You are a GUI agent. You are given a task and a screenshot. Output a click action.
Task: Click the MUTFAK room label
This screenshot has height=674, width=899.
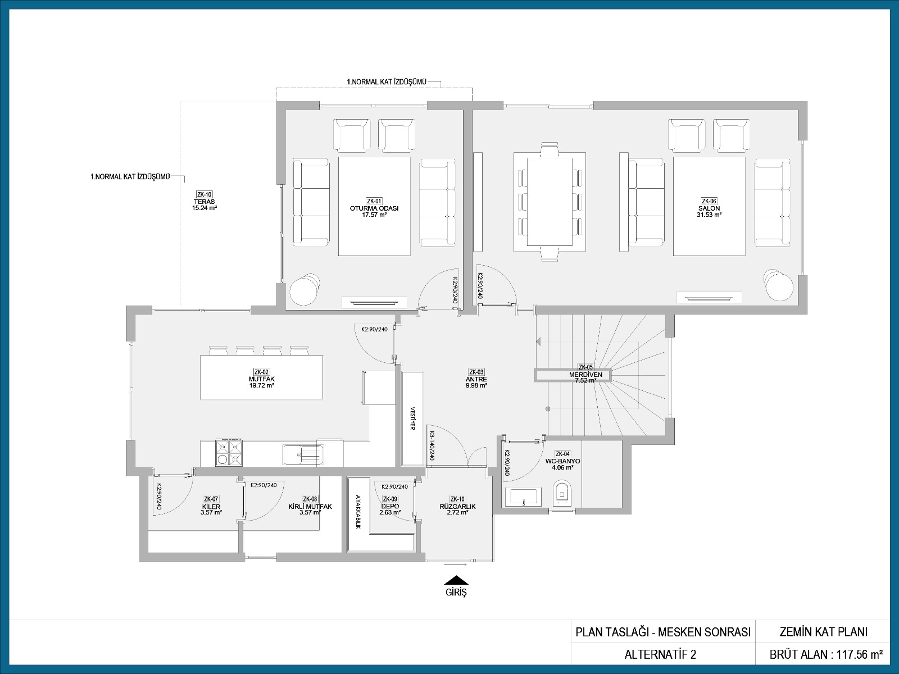tap(261, 379)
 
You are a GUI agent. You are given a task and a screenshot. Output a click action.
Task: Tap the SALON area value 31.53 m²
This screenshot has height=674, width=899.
tap(709, 215)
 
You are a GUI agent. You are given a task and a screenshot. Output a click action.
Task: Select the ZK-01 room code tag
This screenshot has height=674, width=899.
tap(374, 201)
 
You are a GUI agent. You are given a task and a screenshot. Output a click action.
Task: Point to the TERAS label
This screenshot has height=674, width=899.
tap(205, 202)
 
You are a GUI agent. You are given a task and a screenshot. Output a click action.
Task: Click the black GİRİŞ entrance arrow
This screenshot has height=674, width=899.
tap(456, 580)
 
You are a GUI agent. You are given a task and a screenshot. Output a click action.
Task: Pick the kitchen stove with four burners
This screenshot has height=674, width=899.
tap(229, 453)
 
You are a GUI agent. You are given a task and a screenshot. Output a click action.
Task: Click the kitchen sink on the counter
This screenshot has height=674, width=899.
tap(303, 454)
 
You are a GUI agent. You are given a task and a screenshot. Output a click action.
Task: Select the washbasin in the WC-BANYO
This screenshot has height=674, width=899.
tap(523, 497)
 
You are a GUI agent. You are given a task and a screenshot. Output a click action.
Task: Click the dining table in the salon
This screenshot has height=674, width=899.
tap(550, 202)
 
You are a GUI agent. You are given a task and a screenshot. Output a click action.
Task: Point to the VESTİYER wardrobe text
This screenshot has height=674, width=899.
tap(413, 418)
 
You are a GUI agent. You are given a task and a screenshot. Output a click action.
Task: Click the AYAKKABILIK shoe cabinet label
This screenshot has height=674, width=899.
tap(358, 512)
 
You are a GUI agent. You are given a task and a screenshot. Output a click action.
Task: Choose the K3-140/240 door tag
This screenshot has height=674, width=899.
tap(432, 446)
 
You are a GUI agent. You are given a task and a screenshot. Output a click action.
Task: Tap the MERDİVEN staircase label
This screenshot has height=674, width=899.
tap(585, 375)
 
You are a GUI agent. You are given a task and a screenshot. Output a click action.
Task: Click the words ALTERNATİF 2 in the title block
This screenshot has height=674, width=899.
tap(660, 654)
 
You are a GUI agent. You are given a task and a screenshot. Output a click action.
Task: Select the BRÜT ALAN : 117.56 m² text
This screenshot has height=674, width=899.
tap(826, 654)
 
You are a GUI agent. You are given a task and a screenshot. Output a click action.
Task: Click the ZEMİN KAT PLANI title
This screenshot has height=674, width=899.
tap(824, 632)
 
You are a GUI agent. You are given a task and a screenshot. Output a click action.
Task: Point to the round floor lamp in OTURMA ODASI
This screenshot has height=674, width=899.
tap(305, 289)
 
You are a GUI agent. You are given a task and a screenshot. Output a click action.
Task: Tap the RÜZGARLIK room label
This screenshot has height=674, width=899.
tap(457, 506)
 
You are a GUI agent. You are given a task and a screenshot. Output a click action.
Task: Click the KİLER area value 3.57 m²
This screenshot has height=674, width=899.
tap(211, 512)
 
